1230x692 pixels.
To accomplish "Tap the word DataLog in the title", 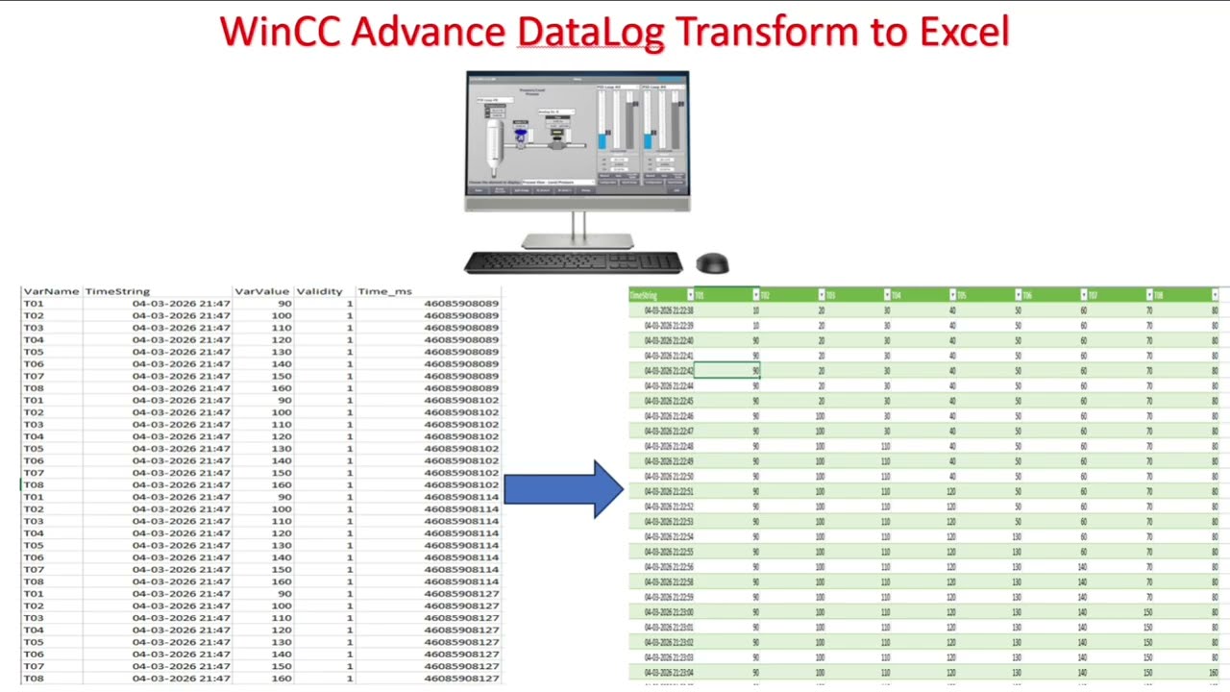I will pyautogui.click(x=591, y=32).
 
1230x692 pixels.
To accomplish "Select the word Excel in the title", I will pyautogui.click(x=964, y=32).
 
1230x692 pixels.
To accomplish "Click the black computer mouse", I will pyautogui.click(x=712, y=263).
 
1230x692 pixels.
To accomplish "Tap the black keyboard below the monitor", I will pyautogui.click(x=573, y=261).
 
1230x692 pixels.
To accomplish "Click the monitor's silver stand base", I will pyautogui.click(x=577, y=242).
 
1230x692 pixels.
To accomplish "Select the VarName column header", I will pyautogui.click(x=51, y=291).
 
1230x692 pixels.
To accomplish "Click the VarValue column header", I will pyautogui.click(x=262, y=291).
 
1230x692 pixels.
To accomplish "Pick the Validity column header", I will pyautogui.click(x=319, y=291).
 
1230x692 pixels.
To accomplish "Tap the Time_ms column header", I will pyautogui.click(x=384, y=291).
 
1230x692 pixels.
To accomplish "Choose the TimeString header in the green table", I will pyautogui.click(x=644, y=295).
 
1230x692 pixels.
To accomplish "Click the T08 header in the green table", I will pyautogui.click(x=1158, y=295).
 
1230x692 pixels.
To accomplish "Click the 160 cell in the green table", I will pyautogui.click(x=1213, y=673).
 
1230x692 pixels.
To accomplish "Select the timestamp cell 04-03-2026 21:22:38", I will pyautogui.click(x=669, y=310).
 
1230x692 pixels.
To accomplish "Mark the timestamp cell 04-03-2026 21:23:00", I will pyautogui.click(x=669, y=612).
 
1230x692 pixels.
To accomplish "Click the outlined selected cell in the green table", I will pyautogui.click(x=726, y=371).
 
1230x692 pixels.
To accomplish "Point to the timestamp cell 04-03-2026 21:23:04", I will pyautogui.click(x=669, y=673).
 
